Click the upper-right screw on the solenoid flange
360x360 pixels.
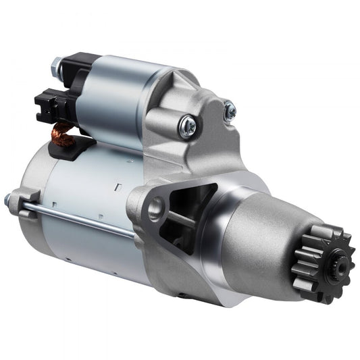[x=230, y=109]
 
